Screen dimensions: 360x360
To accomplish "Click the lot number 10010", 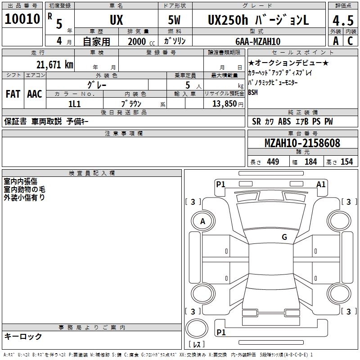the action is point(22,19).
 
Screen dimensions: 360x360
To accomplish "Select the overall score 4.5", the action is point(343,20).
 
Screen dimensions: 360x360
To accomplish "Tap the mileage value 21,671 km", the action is point(54,65).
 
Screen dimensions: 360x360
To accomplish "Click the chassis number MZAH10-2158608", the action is point(302,143).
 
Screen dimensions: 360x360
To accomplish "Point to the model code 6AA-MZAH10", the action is point(258,41).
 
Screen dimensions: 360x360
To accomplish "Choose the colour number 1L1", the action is point(74,104).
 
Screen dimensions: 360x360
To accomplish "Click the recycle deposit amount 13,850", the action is point(224,104).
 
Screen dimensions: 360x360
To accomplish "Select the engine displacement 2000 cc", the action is point(141,41).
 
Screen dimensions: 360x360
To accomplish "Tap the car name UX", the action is point(117,20).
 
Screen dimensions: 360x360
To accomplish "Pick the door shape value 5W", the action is point(174,20).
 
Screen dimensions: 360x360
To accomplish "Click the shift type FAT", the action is point(13,94).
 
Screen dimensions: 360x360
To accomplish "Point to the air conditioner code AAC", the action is point(35,94).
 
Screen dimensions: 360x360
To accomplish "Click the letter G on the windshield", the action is point(284,237).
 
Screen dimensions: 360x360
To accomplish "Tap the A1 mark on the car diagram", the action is point(321,184).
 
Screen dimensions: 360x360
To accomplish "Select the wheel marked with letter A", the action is point(203,221).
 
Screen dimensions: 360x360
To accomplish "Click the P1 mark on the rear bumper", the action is point(221,332).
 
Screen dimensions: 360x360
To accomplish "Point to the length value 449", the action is point(273,162).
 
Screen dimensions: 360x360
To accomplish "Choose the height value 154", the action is point(346,162).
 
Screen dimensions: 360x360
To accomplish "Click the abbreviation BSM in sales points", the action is point(253,93).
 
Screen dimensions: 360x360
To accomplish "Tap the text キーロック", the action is point(23,337).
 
